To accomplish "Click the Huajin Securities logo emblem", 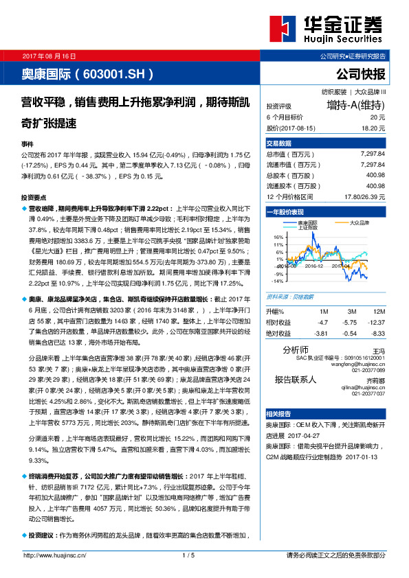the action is click(x=280, y=31).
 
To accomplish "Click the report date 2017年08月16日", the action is click(x=50, y=55).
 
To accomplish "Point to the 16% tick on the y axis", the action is click(x=279, y=235).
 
